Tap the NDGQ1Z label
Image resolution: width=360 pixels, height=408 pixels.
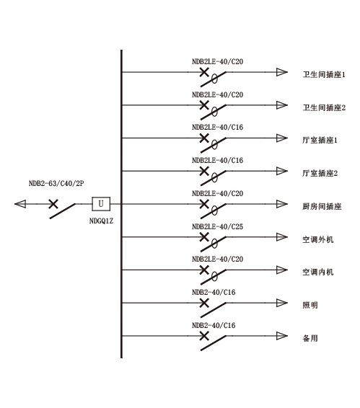101,221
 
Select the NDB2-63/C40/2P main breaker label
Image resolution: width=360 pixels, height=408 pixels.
56,183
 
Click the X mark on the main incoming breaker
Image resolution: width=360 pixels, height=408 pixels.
53,204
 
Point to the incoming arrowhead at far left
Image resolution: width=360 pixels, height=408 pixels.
20,204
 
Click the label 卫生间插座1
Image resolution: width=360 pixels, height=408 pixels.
324,75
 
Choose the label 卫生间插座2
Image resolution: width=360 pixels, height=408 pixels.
324,107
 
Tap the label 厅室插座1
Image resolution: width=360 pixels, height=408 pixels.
320,141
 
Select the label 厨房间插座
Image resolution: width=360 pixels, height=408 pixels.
322,206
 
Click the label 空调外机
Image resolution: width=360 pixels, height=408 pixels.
318,239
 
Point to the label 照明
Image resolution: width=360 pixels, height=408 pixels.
310,305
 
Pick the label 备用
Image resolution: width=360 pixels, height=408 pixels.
310,338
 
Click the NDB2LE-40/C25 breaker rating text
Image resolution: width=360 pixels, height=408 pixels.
217,226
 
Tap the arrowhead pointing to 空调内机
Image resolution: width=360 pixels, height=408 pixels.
282,270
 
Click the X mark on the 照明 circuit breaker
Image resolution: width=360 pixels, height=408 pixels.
204,303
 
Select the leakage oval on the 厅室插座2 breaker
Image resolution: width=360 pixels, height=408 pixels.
214,178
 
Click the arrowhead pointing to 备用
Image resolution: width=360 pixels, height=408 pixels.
282,336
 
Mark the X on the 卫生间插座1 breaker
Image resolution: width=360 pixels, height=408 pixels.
204,72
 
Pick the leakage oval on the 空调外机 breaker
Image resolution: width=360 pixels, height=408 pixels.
214,244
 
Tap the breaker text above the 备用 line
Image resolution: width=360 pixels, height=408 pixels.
214,325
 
